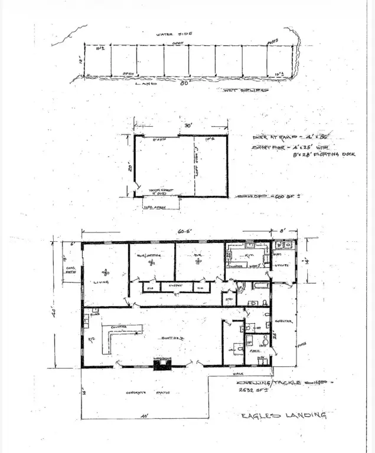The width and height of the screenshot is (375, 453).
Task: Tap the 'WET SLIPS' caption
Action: pos(246,90)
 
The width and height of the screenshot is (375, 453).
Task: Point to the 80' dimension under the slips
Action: pos(184,84)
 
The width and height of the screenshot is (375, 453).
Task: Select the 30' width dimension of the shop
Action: pos(188,126)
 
